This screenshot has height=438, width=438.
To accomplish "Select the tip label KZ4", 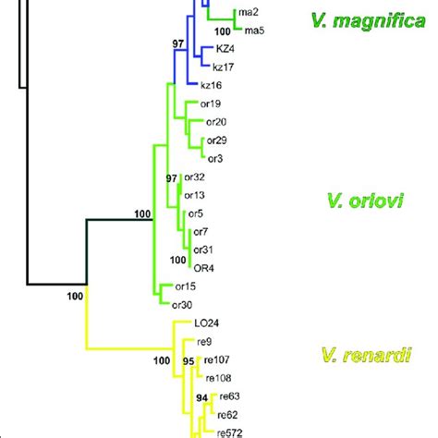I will click(225, 48).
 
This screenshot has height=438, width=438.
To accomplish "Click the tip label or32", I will click(194, 176).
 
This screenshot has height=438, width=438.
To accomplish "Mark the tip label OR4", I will click(203, 267).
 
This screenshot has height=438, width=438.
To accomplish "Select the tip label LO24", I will click(206, 323).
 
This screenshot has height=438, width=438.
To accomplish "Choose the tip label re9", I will click(203, 342).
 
